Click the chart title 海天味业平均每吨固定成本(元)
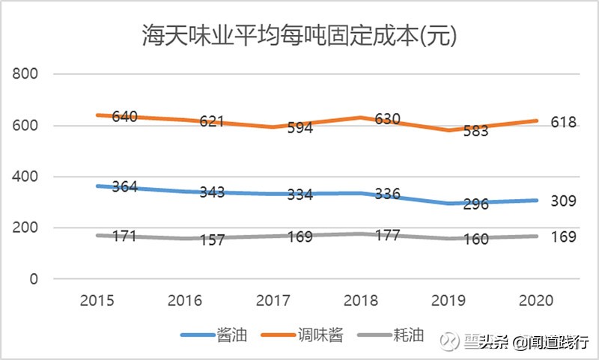tap(299, 34)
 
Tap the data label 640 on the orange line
tap(125, 117)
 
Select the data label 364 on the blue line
tap(125, 187)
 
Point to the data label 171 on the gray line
tap(125, 237)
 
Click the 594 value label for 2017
tap(299, 129)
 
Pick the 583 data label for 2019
tap(474, 131)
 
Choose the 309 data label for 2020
tap(563, 201)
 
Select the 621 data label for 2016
tap(212, 121)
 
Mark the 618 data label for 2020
tap(563, 122)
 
